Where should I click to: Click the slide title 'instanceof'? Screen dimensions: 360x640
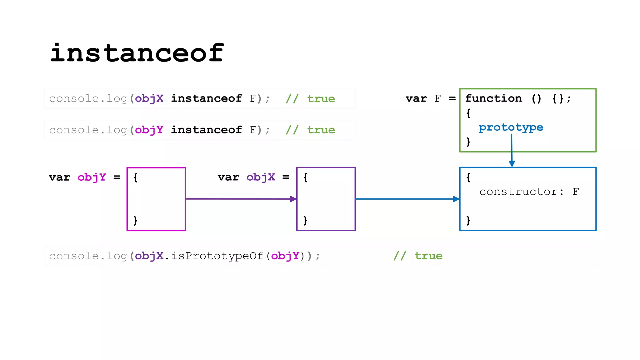(x=137, y=53)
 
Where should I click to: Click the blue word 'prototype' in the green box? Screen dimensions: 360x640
(x=511, y=127)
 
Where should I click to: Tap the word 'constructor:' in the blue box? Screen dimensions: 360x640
(x=521, y=192)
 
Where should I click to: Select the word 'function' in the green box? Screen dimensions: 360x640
(x=493, y=98)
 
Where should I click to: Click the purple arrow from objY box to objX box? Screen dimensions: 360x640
(x=241, y=199)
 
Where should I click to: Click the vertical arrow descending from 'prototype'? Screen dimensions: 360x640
(x=512, y=150)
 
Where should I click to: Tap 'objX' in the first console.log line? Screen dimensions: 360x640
(x=149, y=98)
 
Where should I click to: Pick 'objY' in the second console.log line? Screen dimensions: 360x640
(x=149, y=130)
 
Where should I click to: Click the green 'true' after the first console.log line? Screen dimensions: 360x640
(x=321, y=99)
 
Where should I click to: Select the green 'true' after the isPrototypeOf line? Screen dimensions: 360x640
(x=428, y=256)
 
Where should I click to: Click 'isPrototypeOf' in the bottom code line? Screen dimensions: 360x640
(x=217, y=256)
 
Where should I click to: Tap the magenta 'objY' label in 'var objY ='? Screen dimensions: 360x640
(x=92, y=177)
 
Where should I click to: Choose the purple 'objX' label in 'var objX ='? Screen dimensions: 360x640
(x=261, y=177)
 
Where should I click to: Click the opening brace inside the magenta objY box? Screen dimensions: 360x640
(x=135, y=177)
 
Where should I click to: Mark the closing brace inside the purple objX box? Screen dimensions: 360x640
(x=305, y=220)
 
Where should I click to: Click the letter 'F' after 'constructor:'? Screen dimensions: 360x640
(x=576, y=192)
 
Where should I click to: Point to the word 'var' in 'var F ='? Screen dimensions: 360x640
(x=416, y=99)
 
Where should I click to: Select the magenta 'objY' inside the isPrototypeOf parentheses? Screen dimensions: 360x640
(x=285, y=256)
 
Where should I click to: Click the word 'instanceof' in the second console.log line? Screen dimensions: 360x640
(x=206, y=130)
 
